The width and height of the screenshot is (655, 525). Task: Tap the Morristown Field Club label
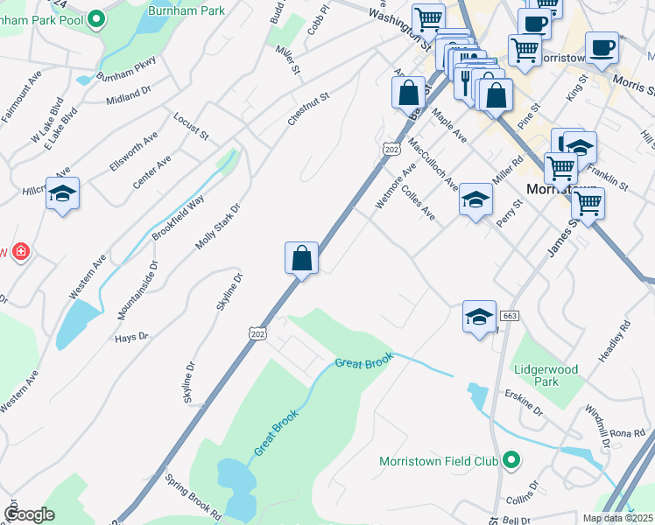[x=439, y=461]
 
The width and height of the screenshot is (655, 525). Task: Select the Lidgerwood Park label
[x=546, y=375]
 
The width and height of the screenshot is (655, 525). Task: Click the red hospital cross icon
[x=20, y=253]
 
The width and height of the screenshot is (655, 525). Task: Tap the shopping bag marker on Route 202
[x=301, y=260]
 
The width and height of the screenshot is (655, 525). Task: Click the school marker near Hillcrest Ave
[x=62, y=194]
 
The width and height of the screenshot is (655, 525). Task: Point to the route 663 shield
[x=510, y=315]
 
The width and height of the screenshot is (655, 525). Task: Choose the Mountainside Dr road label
[x=137, y=290]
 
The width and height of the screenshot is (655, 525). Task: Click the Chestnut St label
[x=307, y=108]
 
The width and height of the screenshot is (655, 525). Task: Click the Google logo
[x=29, y=514]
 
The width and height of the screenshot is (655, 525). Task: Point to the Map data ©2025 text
[x=617, y=518]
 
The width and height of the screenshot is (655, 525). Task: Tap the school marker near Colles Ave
[x=475, y=201]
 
